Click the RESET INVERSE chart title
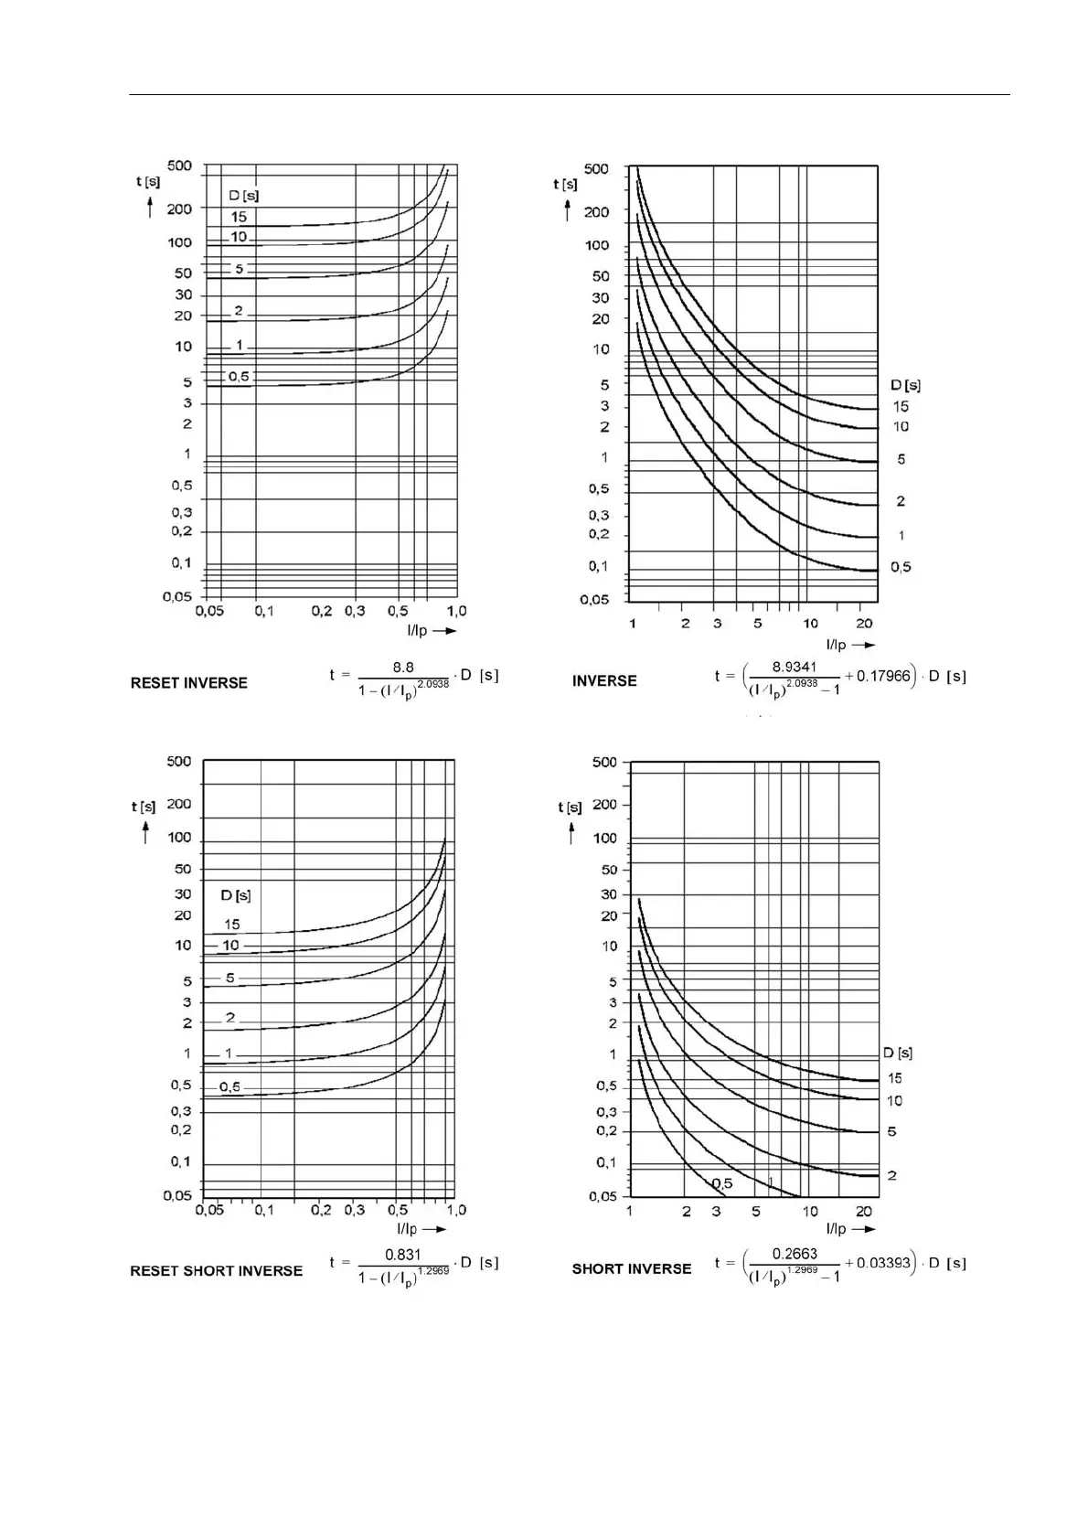point(188,683)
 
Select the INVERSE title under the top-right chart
point(604,681)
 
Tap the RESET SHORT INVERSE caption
point(216,1271)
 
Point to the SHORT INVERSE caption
point(631,1269)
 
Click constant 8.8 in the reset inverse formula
point(403,668)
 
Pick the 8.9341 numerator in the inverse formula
point(794,667)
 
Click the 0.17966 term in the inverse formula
point(883,677)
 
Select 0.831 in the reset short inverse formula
point(403,1255)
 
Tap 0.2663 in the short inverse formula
point(795,1254)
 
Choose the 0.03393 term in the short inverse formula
point(883,1264)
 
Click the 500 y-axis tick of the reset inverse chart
point(179,166)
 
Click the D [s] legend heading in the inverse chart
point(905,385)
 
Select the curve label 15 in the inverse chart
point(901,407)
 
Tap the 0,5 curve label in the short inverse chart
point(722,1184)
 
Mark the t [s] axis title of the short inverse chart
point(570,807)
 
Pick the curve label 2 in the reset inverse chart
point(239,311)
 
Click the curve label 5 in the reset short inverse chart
point(230,978)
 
